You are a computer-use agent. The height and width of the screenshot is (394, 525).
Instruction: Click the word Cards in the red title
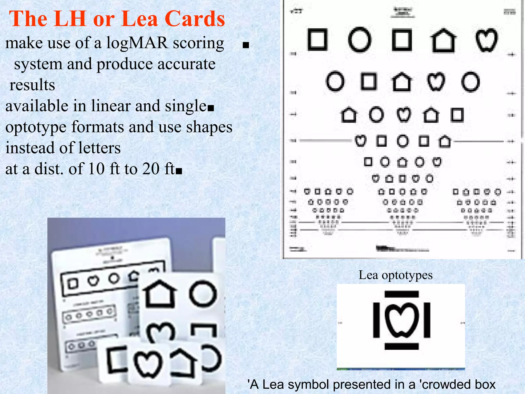195,19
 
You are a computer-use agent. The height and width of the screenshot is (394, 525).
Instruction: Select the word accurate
186,64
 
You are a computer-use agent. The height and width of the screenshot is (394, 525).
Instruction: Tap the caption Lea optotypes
396,275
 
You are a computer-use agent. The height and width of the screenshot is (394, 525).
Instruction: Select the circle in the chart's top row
360,40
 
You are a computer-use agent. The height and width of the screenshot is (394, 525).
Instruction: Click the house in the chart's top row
443,41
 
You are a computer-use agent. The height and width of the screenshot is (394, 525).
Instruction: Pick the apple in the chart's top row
486,40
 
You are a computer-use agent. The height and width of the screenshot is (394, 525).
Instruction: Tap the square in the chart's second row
368,82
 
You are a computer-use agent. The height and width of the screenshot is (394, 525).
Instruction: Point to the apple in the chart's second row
436,82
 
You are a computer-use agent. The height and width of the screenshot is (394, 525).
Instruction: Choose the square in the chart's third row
457,115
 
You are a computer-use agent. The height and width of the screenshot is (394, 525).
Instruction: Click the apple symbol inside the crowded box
401,320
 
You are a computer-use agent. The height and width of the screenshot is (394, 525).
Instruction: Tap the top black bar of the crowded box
401,294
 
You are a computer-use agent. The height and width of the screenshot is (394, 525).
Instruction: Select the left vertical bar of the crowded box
376,320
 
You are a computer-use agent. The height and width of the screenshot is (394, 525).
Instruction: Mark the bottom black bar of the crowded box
401,346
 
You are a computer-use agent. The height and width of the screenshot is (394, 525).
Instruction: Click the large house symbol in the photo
159,294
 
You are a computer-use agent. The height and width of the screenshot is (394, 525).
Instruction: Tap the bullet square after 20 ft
179,171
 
